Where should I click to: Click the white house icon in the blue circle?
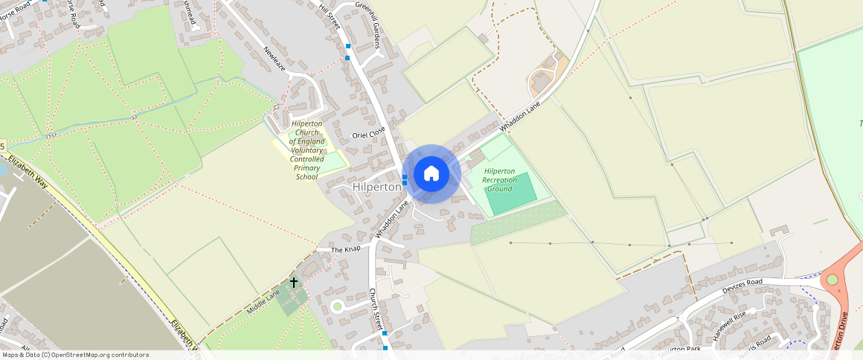click(431, 173)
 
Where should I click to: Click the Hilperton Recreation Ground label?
click(499, 180)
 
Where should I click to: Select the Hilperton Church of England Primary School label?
click(307, 150)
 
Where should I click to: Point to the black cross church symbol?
click(294, 283)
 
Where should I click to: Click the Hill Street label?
click(329, 16)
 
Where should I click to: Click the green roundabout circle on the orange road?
click(832, 280)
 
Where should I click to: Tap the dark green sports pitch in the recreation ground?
click(510, 190)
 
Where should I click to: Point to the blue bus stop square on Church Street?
click(385, 334)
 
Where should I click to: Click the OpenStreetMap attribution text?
click(75, 355)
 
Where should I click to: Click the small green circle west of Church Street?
click(337, 305)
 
